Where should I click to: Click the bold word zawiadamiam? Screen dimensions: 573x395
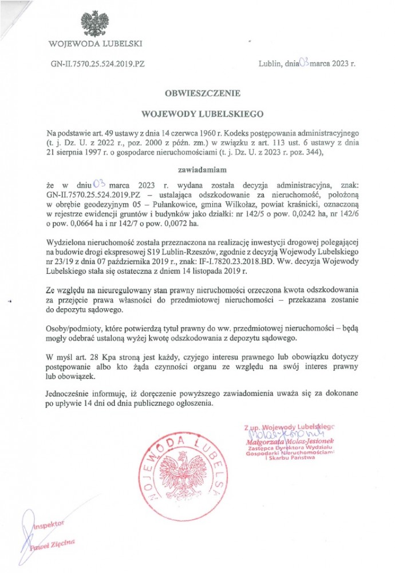197,170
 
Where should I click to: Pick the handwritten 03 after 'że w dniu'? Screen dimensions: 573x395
100,185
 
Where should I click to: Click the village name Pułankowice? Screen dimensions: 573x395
189,205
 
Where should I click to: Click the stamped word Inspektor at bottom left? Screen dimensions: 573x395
50,525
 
